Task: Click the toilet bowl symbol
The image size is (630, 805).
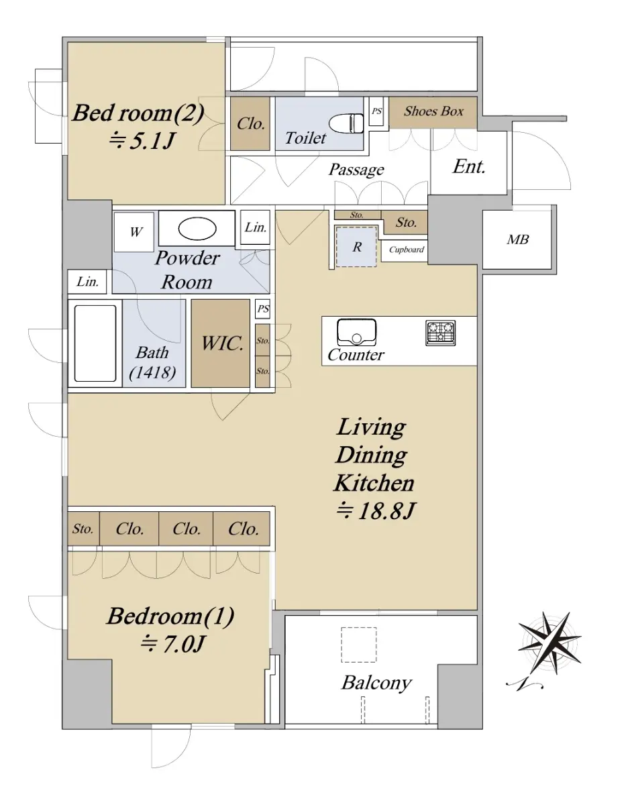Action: pyautogui.click(x=346, y=123)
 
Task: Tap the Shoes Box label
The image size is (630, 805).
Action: pyautogui.click(x=433, y=111)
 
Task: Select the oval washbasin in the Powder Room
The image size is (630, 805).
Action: pyautogui.click(x=197, y=228)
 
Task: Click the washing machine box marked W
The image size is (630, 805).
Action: pyautogui.click(x=134, y=232)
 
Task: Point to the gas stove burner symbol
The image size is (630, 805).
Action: pyautogui.click(x=440, y=333)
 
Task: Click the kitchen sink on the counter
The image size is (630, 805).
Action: pyautogui.click(x=356, y=332)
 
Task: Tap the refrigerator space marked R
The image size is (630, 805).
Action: pyautogui.click(x=356, y=246)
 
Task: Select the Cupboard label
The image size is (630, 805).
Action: pyautogui.click(x=407, y=250)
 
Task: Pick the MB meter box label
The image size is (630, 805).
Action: pyautogui.click(x=517, y=239)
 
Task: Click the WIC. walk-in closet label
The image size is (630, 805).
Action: pyautogui.click(x=222, y=343)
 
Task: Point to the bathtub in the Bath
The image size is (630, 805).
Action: pyautogui.click(x=95, y=343)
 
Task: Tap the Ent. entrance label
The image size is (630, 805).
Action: pyautogui.click(x=469, y=166)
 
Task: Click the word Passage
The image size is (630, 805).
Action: pyautogui.click(x=356, y=170)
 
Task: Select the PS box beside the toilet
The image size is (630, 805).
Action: pyautogui.click(x=376, y=111)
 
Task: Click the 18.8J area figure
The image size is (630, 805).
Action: pyautogui.click(x=376, y=511)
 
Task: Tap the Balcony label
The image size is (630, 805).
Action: pyautogui.click(x=376, y=683)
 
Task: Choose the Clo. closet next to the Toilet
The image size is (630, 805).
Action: pyautogui.click(x=250, y=123)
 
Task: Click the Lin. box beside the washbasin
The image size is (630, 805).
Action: pyautogui.click(x=255, y=227)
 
